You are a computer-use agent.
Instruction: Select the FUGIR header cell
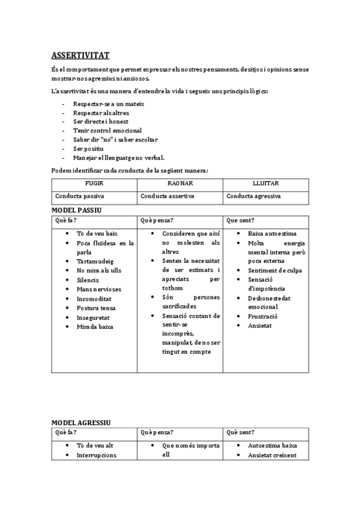pyautogui.click(x=95, y=183)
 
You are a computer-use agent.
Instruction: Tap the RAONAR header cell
pyautogui.click(x=180, y=183)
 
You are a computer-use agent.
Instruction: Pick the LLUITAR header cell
pyautogui.click(x=266, y=183)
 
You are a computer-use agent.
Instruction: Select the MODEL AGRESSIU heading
pyautogui.click(x=81, y=423)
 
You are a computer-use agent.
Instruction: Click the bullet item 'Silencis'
pyautogui.click(x=88, y=280)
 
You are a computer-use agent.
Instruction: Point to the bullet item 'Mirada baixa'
pyautogui.click(x=95, y=327)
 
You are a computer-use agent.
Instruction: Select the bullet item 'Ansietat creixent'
pyautogui.click(x=272, y=455)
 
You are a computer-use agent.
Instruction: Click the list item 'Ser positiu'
pyautogui.click(x=89, y=149)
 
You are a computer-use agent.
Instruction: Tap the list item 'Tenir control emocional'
pyautogui.click(x=108, y=131)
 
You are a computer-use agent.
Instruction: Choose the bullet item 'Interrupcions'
pyautogui.click(x=97, y=455)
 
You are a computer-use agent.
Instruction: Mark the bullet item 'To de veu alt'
pyautogui.click(x=95, y=446)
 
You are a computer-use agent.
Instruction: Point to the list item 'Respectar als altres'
pyautogui.click(x=101, y=112)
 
